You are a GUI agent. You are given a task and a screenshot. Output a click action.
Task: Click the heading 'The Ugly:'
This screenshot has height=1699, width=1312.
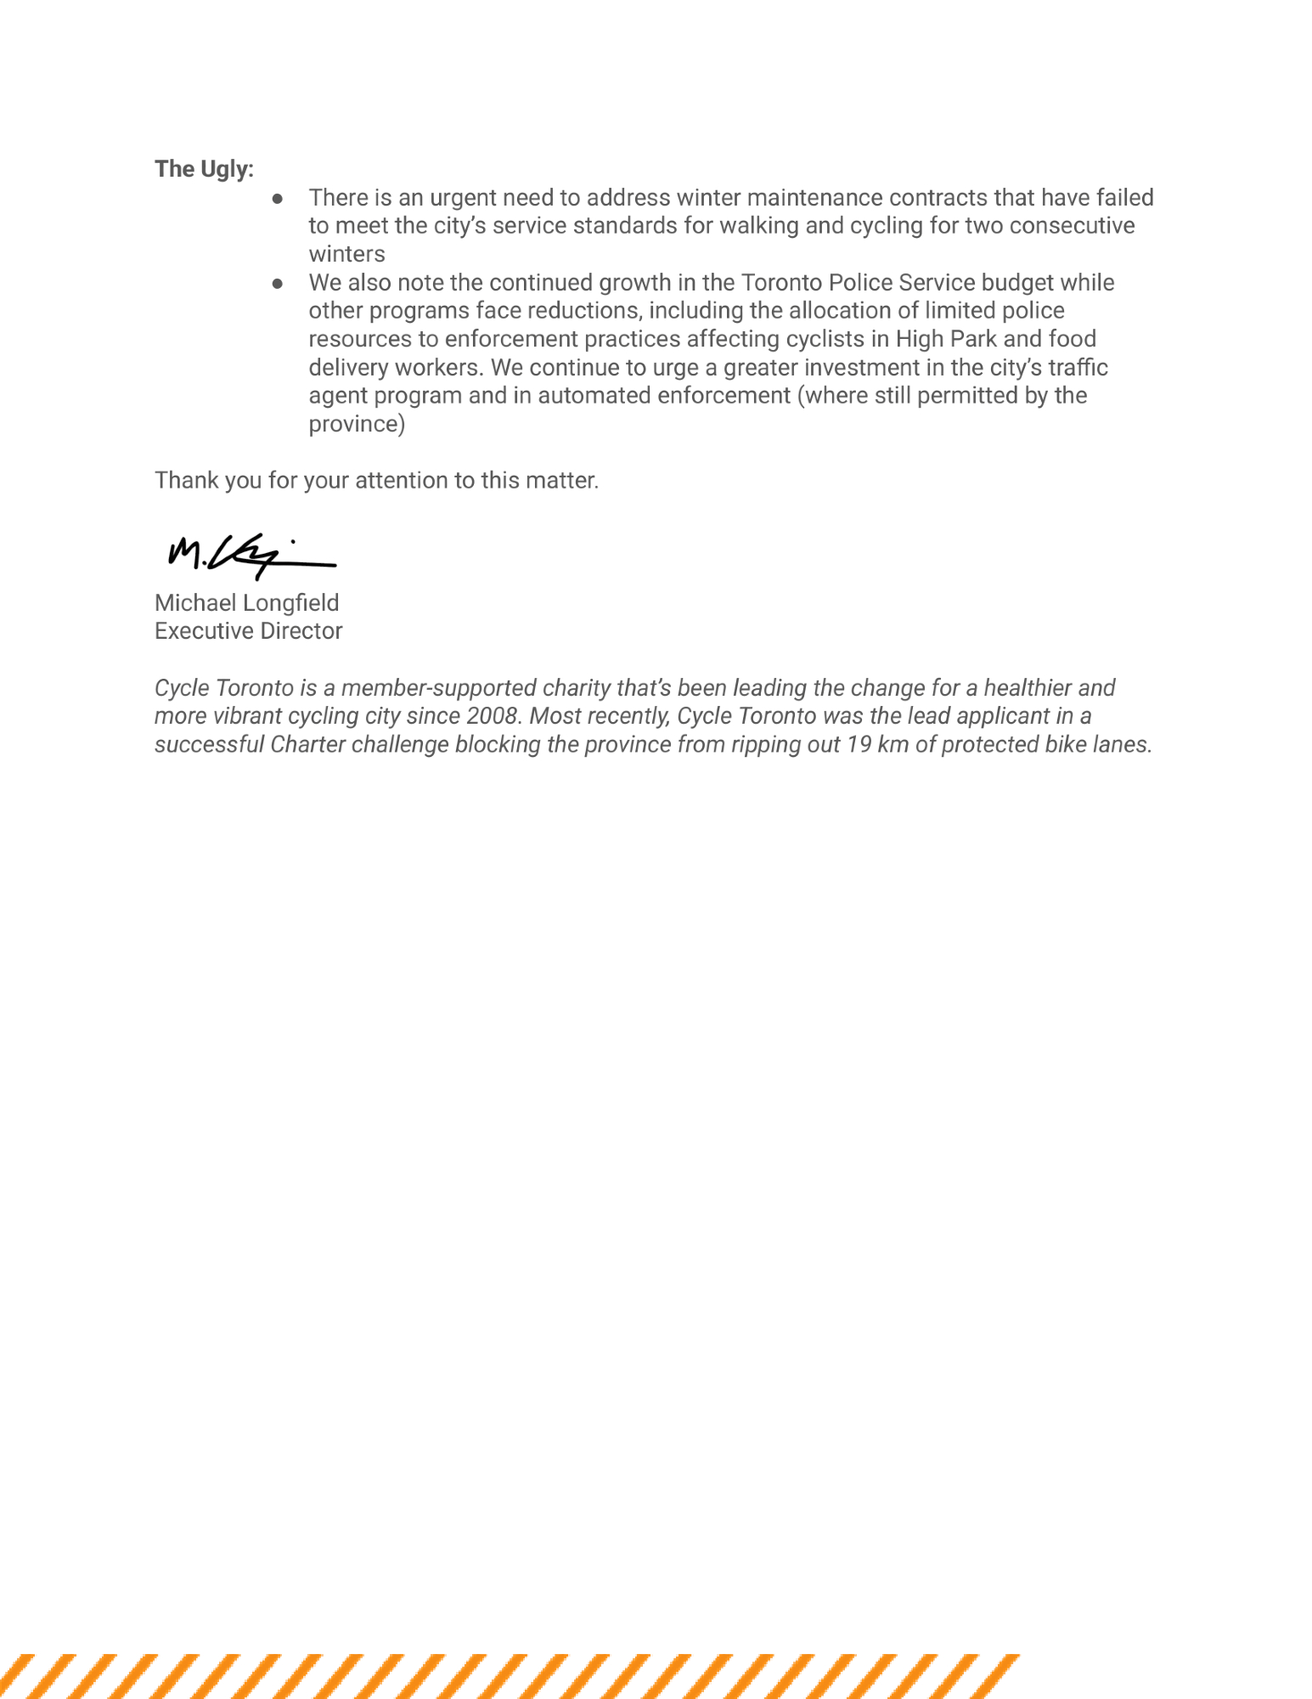tap(204, 169)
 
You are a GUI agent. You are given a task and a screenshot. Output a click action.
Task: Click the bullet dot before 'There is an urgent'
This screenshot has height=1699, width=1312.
tap(277, 198)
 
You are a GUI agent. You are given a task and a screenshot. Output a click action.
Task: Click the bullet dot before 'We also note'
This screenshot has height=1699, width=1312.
tap(277, 283)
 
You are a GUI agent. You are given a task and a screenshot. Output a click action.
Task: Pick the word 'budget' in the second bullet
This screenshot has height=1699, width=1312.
tap(1017, 283)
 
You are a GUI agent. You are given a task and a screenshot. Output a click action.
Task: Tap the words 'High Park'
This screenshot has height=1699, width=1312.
tap(946, 339)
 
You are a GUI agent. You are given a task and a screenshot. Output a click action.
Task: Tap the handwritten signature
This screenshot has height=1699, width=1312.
tap(251, 555)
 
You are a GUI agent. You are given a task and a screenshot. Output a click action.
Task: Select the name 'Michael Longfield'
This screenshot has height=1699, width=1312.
tap(246, 603)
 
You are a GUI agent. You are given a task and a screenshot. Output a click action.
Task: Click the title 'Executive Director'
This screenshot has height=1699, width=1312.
tap(248, 631)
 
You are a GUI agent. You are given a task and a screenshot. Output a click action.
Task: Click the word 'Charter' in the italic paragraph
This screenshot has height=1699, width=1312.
tap(308, 745)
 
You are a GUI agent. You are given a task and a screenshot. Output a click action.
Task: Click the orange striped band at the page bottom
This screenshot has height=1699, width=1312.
tap(510, 1675)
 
